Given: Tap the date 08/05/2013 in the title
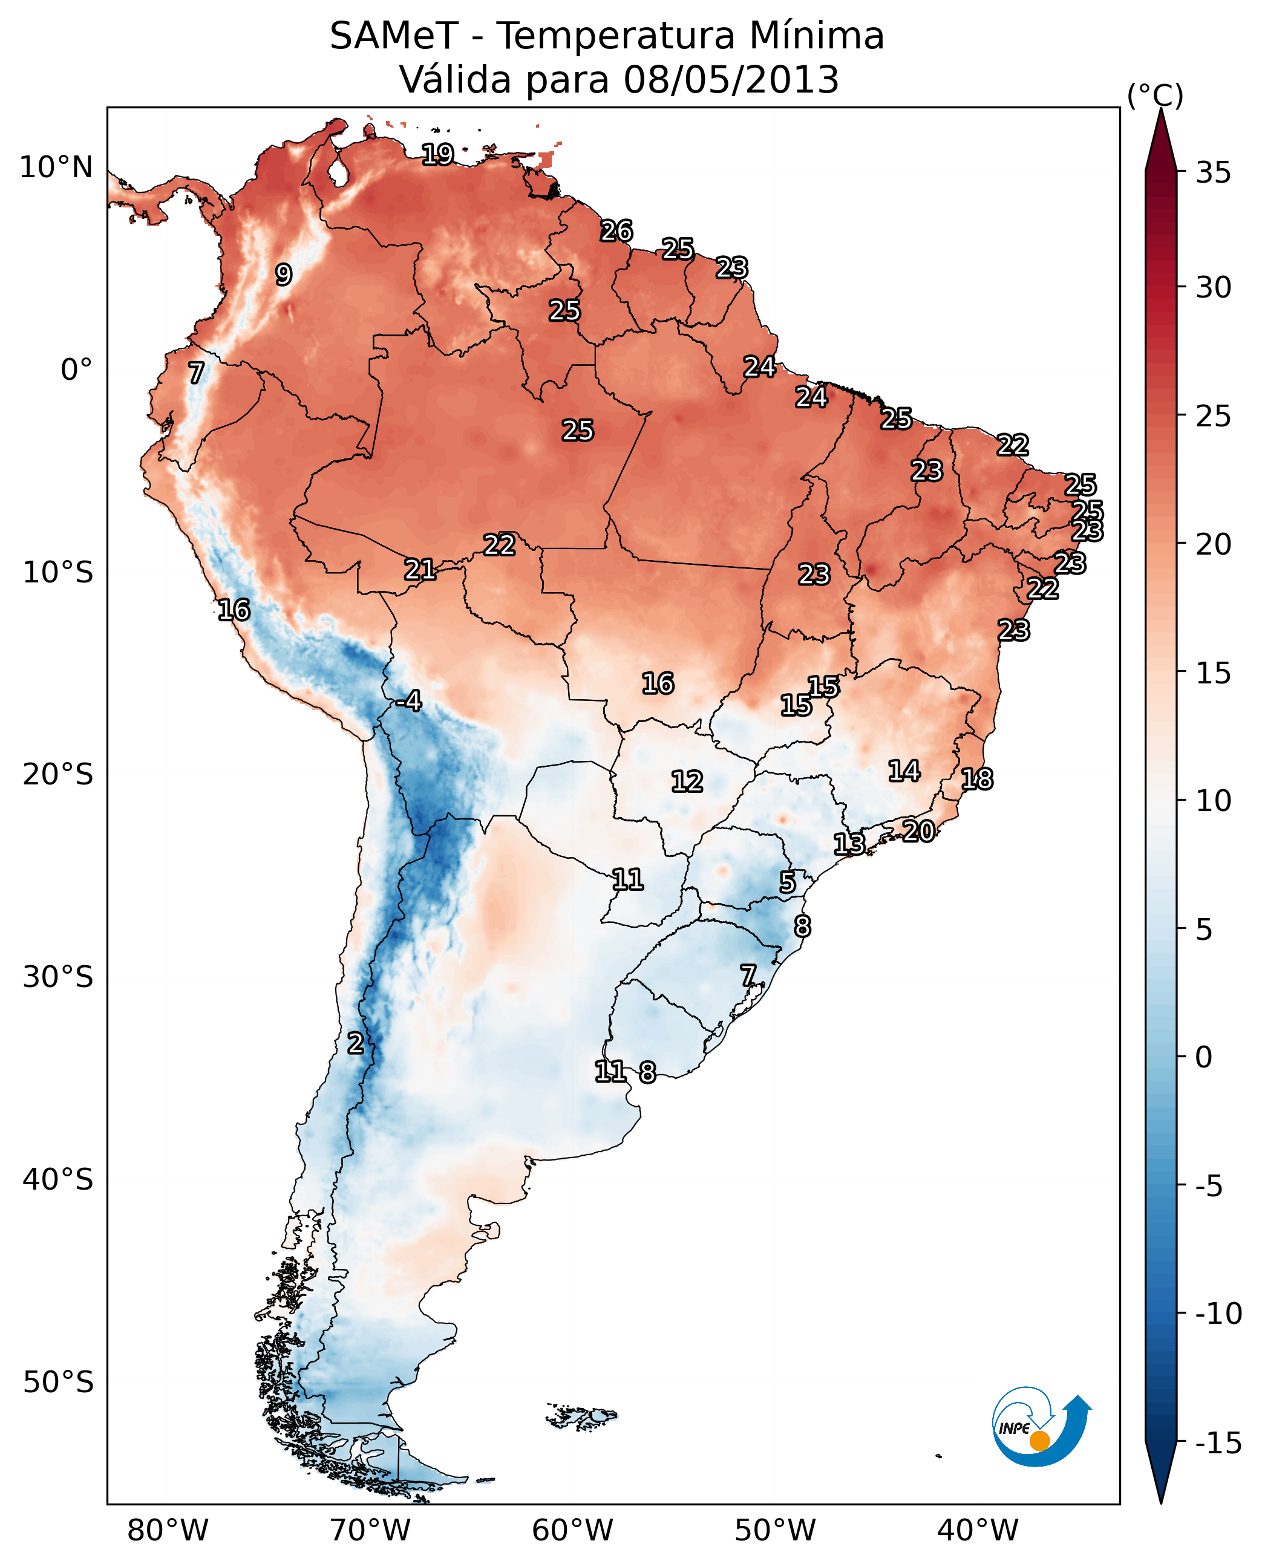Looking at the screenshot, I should [731, 80].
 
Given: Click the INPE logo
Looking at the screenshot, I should [1041, 1427].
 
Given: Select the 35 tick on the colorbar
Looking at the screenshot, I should [1213, 173].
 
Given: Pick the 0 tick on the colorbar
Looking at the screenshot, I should [1204, 1057].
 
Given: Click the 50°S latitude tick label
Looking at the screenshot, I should [58, 1381].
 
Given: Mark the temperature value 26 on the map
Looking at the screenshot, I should [616, 231].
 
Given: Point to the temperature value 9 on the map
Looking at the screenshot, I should [284, 275].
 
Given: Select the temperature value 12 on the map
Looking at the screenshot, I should [687, 782].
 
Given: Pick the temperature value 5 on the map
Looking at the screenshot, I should [787, 883].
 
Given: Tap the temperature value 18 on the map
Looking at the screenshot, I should [977, 779].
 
